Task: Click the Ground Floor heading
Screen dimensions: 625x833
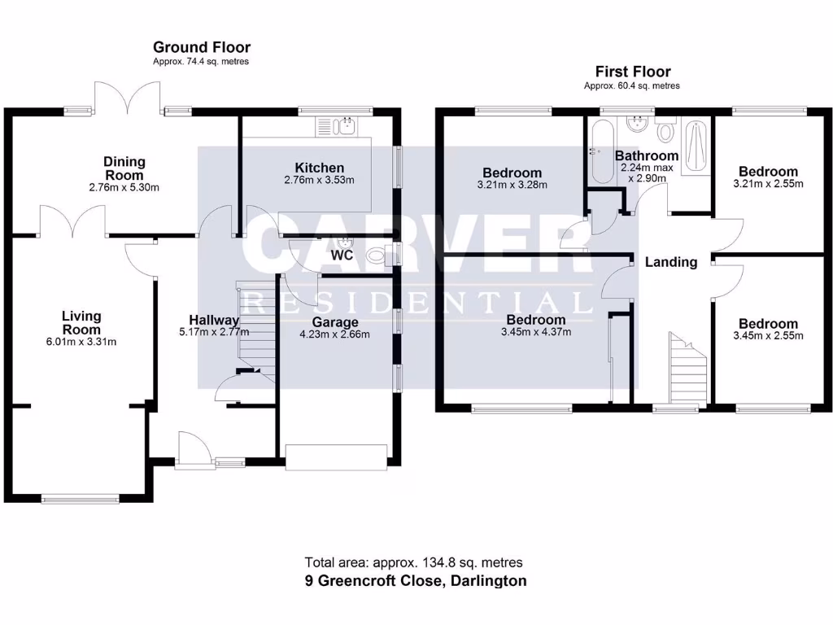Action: [x=202, y=47]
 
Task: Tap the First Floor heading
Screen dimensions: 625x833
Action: [x=633, y=72]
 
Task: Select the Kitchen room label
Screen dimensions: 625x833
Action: [x=325, y=168]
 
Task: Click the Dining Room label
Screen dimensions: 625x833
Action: [x=124, y=168]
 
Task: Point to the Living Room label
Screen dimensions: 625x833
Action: [x=81, y=322]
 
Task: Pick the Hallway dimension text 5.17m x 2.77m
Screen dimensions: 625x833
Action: [x=214, y=331]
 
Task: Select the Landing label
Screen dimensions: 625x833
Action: [x=671, y=262]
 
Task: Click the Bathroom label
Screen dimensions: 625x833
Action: [x=647, y=155]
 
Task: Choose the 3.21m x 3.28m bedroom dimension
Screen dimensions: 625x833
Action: [x=512, y=184]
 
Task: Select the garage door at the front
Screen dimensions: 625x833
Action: [x=336, y=457]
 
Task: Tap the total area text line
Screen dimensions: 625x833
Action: [x=413, y=562]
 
